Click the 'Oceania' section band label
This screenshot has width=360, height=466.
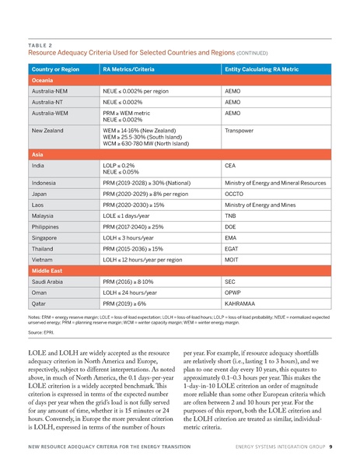[43, 80]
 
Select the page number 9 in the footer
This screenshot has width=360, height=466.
[331, 447]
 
